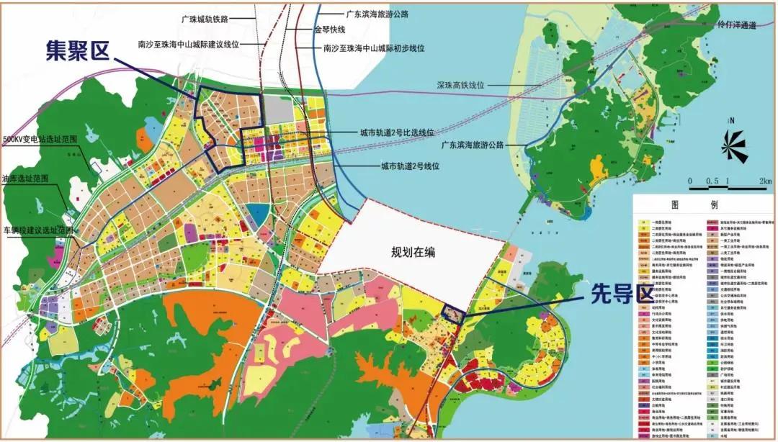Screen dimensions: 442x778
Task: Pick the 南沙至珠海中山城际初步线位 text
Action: coord(374,48)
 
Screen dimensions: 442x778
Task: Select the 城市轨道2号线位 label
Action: coord(410,166)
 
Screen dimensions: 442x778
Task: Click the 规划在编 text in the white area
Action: coord(414,252)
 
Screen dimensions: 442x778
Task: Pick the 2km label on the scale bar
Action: coord(764,181)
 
